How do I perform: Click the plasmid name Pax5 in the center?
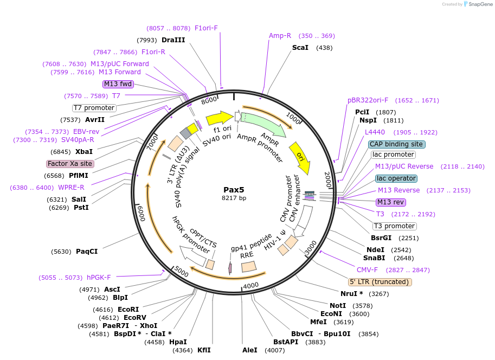(234, 190)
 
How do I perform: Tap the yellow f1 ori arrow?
(219, 118)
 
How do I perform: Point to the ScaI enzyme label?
(300, 48)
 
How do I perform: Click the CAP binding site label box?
(396, 144)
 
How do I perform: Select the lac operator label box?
(396, 178)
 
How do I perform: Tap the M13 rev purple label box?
(391, 202)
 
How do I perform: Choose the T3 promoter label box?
(394, 226)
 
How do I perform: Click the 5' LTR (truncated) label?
(380, 282)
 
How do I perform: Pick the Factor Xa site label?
(70, 164)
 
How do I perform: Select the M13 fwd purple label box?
(118, 84)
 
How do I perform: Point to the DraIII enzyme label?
(173, 40)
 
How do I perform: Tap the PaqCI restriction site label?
(87, 252)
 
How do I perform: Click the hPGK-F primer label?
(99, 278)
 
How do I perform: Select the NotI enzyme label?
(337, 306)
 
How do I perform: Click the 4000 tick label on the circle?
(251, 286)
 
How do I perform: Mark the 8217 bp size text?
(234, 198)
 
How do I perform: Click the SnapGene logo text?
(479, 4)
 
